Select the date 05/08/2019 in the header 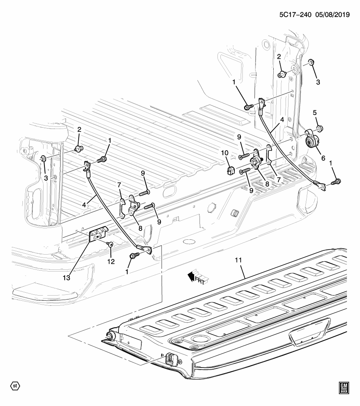point(332,14)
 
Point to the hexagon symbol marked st point(15,386)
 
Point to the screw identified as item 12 point(110,244)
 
